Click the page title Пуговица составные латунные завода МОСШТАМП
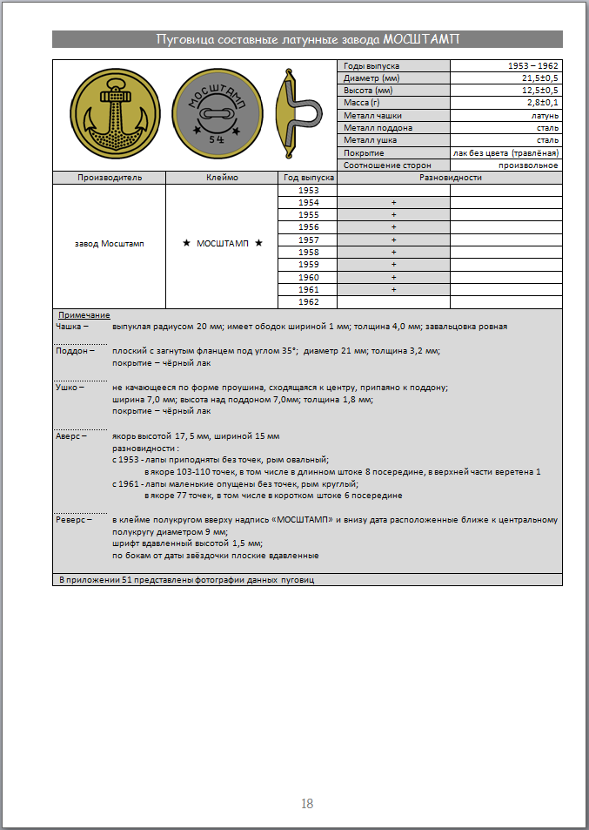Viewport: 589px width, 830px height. tap(307, 39)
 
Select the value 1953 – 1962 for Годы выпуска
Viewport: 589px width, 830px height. tap(533, 66)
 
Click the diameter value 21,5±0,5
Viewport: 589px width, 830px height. tap(540, 78)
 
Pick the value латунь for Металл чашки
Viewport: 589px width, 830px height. tap(545, 116)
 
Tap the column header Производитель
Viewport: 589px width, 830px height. tap(110, 178)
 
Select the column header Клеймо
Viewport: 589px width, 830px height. tap(221, 178)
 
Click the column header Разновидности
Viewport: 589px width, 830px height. tap(450, 178)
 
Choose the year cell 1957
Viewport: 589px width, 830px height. tap(308, 240)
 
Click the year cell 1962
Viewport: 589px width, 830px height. tap(308, 302)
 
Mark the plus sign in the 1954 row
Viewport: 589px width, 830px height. tap(393, 203)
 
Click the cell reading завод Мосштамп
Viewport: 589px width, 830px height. tap(110, 244)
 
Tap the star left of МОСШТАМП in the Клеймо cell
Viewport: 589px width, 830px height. tap(186, 244)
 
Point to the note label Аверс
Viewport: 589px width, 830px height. tap(69, 434)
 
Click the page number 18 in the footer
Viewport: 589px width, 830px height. tap(306, 804)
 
